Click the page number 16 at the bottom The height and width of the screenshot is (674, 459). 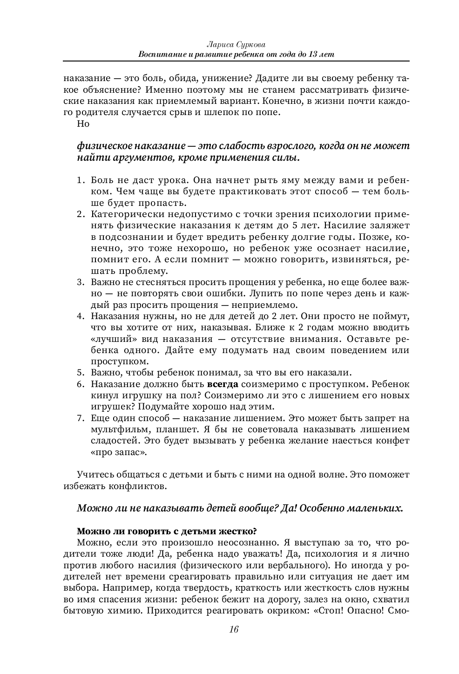tap(234, 629)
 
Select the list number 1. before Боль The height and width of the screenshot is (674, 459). tap(81, 180)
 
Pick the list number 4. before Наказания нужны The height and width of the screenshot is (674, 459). tap(81, 317)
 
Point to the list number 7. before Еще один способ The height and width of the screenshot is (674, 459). tap(81, 418)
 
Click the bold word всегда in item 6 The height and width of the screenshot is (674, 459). tap(223, 384)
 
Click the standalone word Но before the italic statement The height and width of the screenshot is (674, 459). tap(83, 124)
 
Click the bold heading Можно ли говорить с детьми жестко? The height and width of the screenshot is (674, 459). tap(167, 531)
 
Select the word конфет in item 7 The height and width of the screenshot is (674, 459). tap(394, 441)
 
